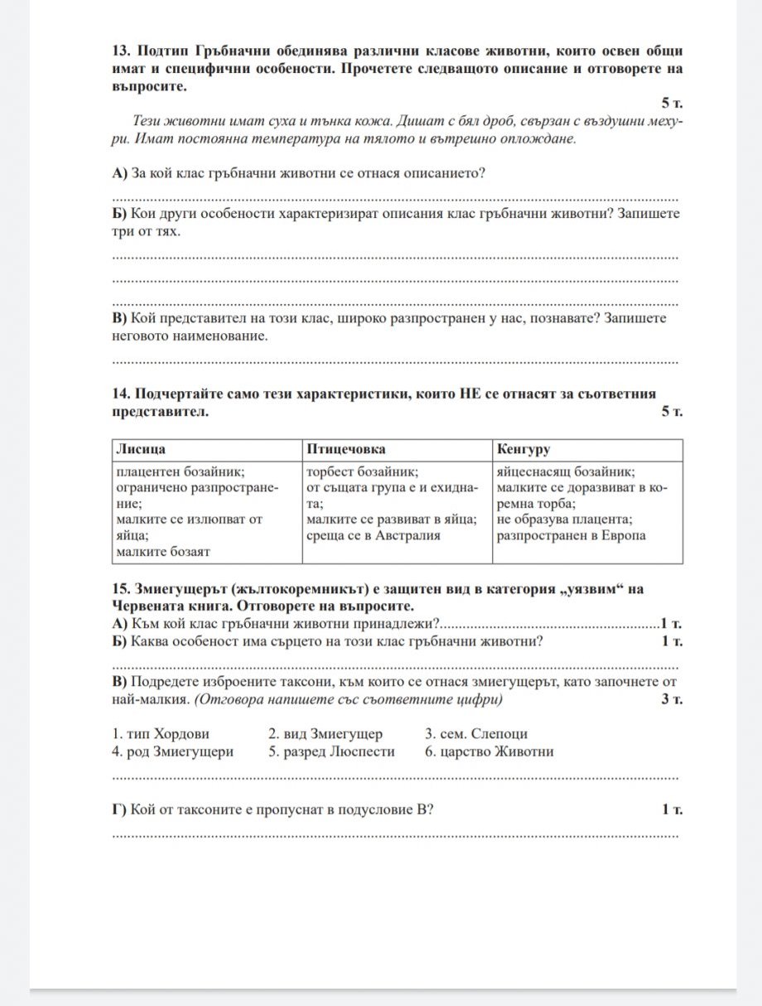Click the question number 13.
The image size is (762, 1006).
pyautogui.click(x=120, y=50)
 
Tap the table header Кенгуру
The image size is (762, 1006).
pyautogui.click(x=523, y=449)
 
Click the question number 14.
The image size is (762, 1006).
pyautogui.click(x=120, y=394)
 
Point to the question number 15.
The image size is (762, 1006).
pyautogui.click(x=120, y=588)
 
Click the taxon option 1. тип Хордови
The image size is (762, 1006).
pyautogui.click(x=161, y=733)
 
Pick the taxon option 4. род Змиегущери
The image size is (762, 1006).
pyautogui.click(x=172, y=752)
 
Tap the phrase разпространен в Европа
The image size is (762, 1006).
pyautogui.click(x=571, y=535)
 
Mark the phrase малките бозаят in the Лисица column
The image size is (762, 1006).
pyautogui.click(x=163, y=551)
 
